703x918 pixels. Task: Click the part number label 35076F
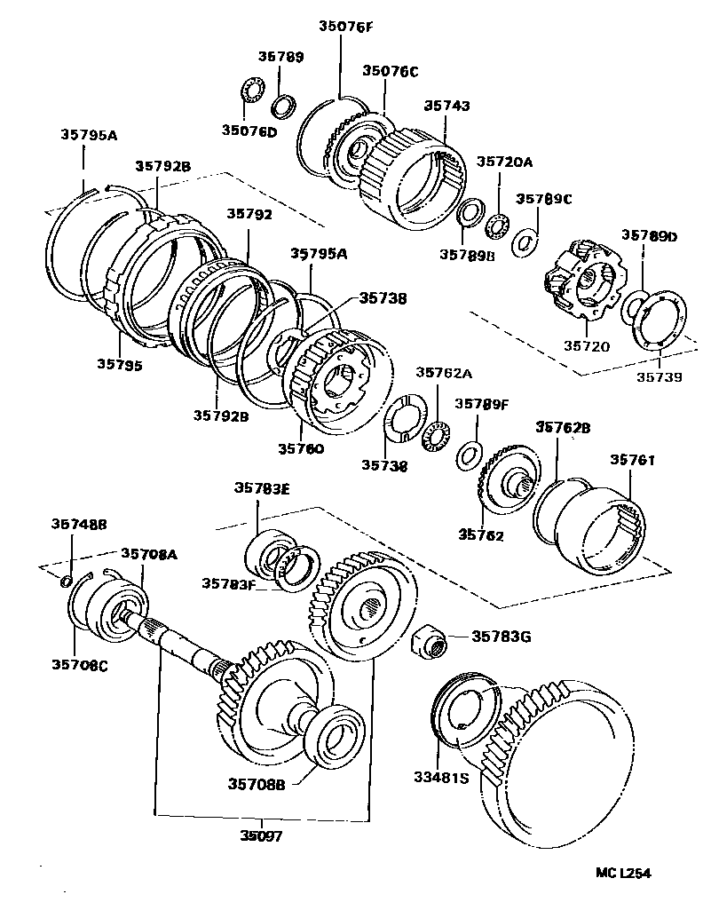(x=341, y=27)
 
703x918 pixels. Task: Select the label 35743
(x=446, y=106)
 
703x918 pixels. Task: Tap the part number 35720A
(x=504, y=162)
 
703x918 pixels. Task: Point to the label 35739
(x=659, y=377)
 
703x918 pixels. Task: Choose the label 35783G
(x=501, y=636)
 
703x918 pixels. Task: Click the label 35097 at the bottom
(x=265, y=835)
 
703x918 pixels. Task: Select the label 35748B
(x=78, y=525)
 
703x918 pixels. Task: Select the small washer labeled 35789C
(x=526, y=241)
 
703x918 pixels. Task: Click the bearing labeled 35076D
(x=253, y=92)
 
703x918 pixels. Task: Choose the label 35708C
(x=78, y=665)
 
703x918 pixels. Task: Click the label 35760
(x=301, y=448)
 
